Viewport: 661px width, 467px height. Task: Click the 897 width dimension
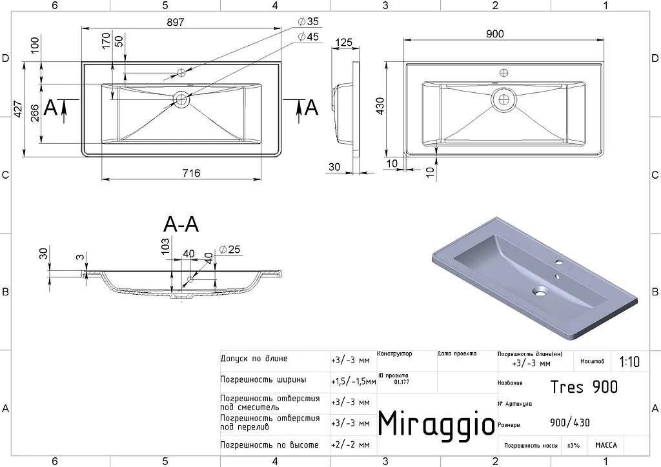176,22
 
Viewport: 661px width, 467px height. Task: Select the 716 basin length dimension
191,173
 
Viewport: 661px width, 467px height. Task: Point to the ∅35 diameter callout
308,21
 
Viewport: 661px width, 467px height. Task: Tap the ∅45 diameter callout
308,37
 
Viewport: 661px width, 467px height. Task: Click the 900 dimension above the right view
495,34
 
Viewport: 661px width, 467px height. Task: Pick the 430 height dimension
380,106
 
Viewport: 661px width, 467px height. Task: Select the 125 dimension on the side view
343,43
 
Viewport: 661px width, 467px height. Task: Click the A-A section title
181,225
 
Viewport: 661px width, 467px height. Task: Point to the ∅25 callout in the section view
230,250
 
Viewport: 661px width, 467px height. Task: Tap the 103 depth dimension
166,246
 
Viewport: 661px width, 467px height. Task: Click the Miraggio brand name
436,423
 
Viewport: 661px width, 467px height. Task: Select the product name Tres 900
584,386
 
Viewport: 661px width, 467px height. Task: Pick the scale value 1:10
629,362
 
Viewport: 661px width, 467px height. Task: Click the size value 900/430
570,422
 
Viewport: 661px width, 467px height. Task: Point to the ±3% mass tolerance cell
573,446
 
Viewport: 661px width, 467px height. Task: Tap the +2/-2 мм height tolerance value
351,444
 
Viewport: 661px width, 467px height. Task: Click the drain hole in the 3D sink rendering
539,290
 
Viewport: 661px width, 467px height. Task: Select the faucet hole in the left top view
181,73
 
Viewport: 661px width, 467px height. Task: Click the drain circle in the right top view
503,99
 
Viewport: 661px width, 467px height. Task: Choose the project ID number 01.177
402,383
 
